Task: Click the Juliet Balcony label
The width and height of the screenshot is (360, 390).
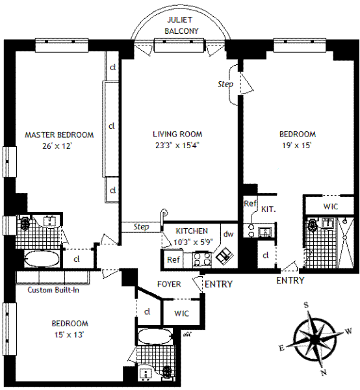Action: click(181, 25)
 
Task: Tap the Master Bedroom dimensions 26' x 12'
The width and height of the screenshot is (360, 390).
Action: click(57, 146)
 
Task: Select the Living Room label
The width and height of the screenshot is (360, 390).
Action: click(177, 135)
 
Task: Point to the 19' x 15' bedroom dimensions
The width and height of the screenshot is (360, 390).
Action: click(296, 145)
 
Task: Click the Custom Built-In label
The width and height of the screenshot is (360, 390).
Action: click(53, 290)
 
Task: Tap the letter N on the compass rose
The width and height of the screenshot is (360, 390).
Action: click(324, 372)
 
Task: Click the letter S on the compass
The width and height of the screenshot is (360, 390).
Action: click(306, 305)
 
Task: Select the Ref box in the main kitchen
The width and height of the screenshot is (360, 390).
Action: click(174, 259)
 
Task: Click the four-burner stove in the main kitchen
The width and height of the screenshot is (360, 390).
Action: click(201, 259)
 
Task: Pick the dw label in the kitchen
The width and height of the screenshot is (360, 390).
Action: click(228, 234)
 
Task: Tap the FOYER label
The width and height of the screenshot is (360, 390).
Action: click(169, 284)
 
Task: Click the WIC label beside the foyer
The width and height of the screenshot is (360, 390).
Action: click(181, 313)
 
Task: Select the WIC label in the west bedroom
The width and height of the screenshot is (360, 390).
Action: click(331, 207)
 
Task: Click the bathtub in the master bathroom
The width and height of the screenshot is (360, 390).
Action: click(42, 259)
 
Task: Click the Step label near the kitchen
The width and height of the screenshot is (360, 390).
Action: click(141, 227)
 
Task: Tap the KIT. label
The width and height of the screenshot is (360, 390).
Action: click(268, 209)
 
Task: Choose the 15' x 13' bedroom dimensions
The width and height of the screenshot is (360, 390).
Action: click(69, 335)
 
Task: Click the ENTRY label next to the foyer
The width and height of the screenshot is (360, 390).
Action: click(218, 284)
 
